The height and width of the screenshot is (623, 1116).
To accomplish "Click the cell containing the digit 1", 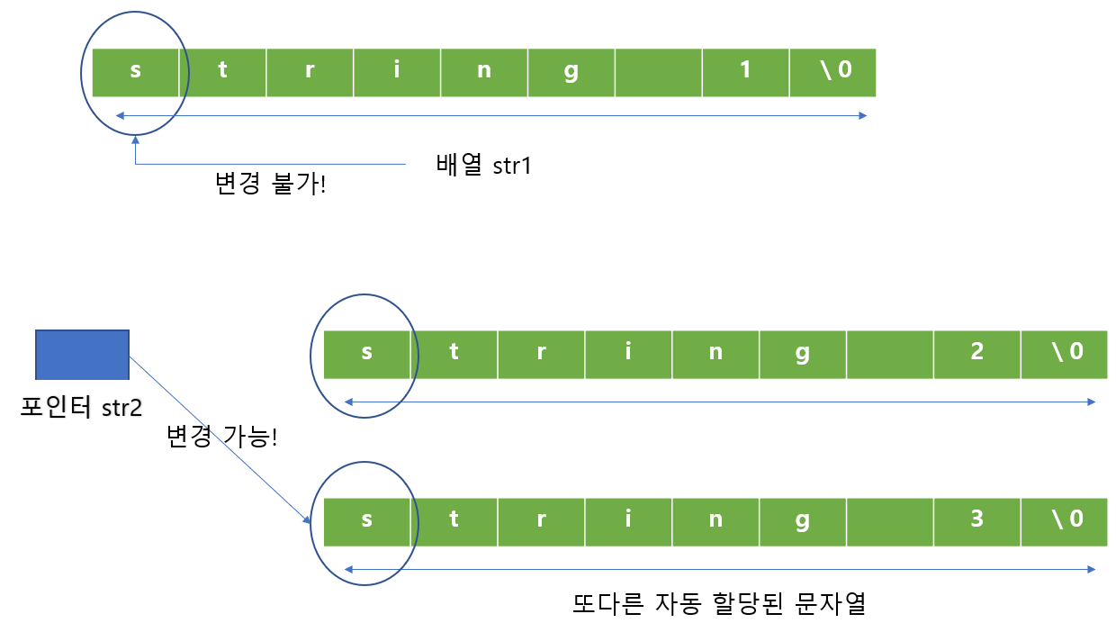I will tap(745, 72).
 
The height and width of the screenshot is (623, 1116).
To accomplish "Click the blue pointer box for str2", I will tap(82, 355).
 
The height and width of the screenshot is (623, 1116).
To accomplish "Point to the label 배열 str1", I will tap(483, 166).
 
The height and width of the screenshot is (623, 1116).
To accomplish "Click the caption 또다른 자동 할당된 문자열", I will tap(719, 602).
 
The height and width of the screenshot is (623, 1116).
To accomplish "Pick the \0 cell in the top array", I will tap(832, 72).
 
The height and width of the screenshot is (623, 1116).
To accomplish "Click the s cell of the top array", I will tap(136, 72).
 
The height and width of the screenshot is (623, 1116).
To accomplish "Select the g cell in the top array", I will tap(571, 72).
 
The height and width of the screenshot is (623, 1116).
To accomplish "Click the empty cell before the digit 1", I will tap(658, 72).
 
